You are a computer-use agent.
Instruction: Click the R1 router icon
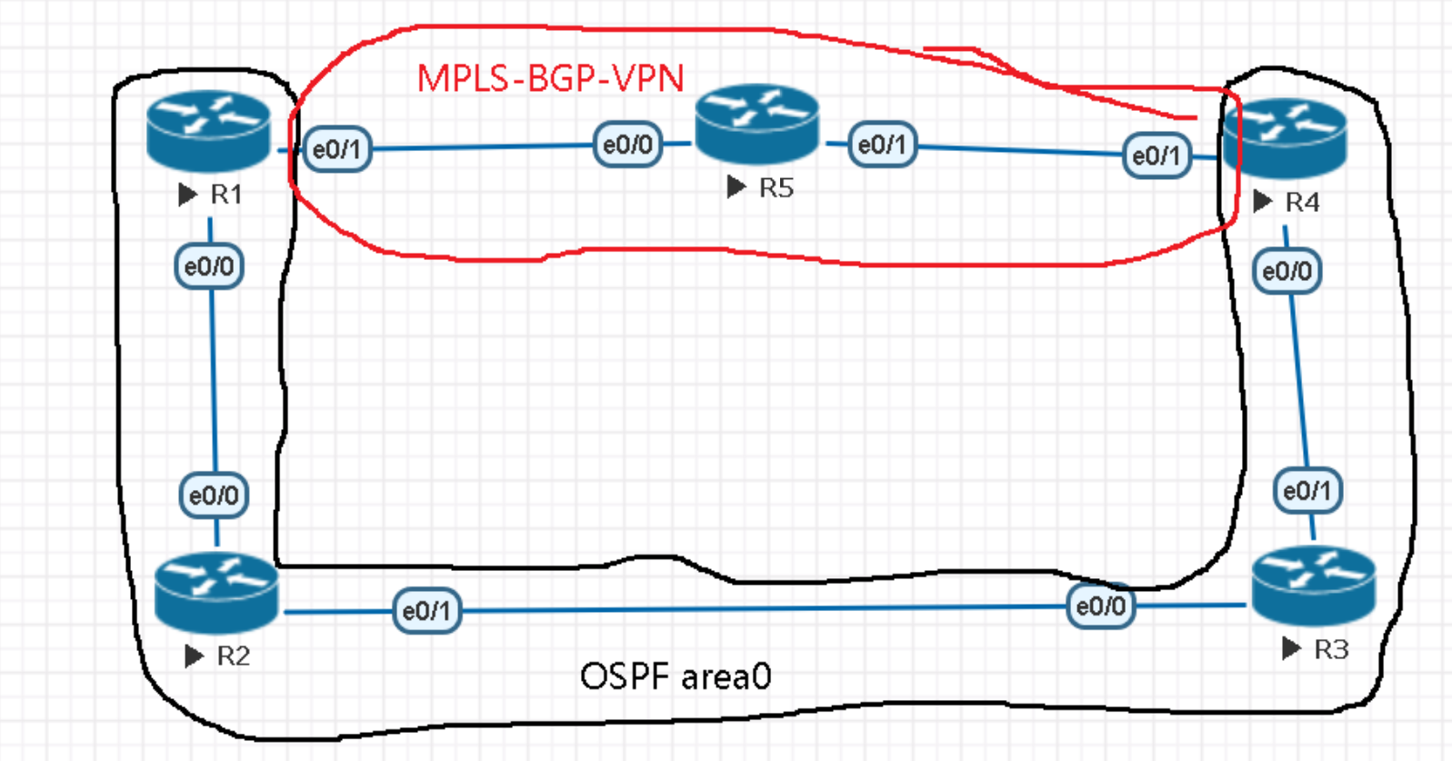point(208,131)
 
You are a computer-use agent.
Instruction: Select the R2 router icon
point(215,593)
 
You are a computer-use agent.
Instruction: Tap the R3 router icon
point(1313,586)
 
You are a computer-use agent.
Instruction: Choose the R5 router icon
point(756,125)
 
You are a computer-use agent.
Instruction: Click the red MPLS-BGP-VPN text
point(550,79)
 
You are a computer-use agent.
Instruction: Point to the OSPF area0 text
point(676,676)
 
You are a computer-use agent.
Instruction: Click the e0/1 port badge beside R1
point(336,149)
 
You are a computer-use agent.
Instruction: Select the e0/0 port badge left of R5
point(627,145)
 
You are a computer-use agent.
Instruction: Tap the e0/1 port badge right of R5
point(882,145)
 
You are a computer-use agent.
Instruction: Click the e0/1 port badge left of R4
point(1156,155)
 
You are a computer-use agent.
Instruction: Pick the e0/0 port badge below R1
point(209,266)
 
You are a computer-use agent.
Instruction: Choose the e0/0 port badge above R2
point(214,496)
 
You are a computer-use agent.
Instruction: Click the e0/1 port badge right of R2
point(426,610)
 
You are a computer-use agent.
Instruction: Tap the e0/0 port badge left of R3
point(1100,606)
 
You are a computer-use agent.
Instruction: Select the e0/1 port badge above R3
point(1307,491)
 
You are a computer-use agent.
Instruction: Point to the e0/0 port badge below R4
point(1287,271)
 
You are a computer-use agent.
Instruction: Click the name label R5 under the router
point(776,188)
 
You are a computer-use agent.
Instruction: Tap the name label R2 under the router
point(233,656)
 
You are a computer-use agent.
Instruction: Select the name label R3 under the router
point(1331,649)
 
